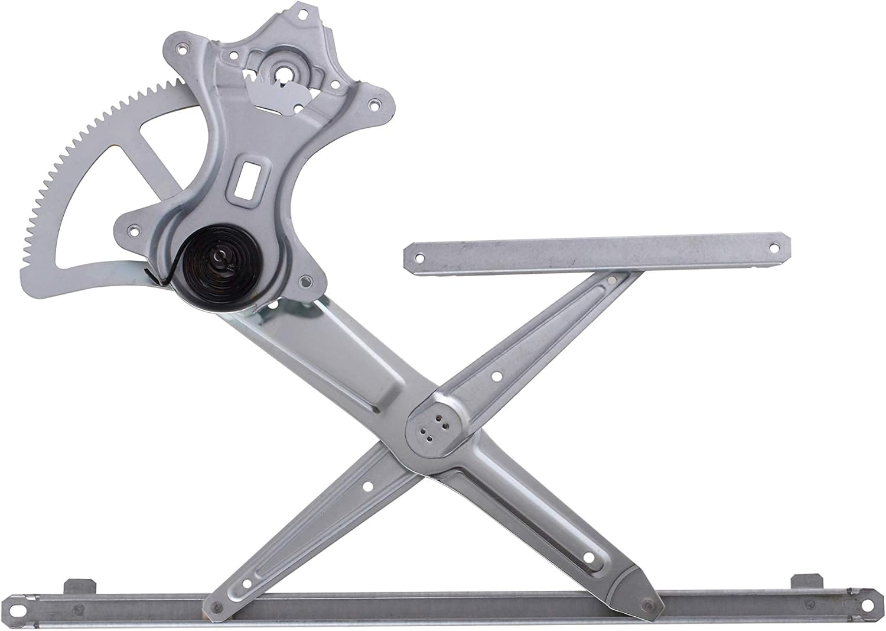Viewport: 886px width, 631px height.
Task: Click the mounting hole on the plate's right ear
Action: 373,106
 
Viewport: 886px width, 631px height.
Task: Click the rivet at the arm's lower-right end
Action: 649,604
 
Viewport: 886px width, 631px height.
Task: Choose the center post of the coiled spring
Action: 219,257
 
